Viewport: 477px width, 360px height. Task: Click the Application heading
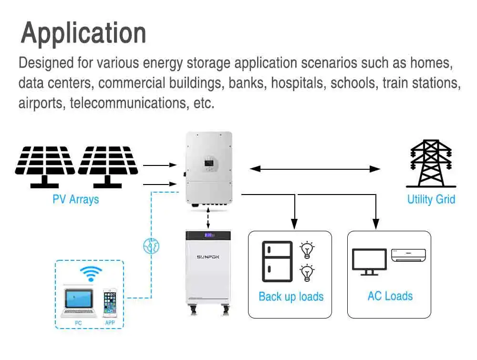point(83,33)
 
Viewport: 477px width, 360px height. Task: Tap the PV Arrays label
point(76,199)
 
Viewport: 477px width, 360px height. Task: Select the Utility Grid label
point(431,199)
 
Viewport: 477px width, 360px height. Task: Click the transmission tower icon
point(431,164)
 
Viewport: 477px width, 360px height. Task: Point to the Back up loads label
point(291,297)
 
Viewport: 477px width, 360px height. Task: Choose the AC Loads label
point(390,296)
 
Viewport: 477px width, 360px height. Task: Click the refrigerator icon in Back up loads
point(277,261)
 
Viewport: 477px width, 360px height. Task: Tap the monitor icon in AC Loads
point(369,261)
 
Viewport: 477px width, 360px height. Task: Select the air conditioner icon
point(408,255)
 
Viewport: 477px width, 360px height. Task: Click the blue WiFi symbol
point(91,274)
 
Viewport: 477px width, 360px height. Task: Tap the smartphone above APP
point(110,302)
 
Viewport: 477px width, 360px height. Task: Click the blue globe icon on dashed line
point(151,246)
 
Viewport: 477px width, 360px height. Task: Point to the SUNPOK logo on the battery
point(207,257)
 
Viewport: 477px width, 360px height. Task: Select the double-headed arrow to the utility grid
point(315,168)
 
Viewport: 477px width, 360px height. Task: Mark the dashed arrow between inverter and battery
point(208,218)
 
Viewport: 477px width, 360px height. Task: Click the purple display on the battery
point(208,235)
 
